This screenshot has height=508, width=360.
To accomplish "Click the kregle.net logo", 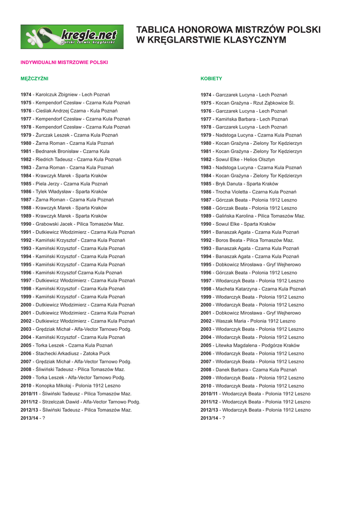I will [x=72, y=37].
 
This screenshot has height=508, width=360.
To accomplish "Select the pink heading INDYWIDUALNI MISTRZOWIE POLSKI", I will [x=64, y=63].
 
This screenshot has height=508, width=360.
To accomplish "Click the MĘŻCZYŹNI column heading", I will [x=34, y=78].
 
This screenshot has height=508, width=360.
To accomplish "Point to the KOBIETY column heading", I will [x=211, y=78].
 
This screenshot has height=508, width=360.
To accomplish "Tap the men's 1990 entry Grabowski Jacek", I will [x=72, y=224].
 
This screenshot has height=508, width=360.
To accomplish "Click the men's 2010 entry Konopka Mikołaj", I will [x=71, y=386].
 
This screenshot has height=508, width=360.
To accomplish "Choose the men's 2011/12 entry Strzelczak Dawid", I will [x=80, y=402].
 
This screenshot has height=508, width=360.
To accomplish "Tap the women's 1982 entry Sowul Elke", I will [x=237, y=160].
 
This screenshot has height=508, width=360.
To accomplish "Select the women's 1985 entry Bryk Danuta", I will [x=239, y=184].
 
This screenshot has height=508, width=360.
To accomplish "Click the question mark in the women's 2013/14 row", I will [x=223, y=418].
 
